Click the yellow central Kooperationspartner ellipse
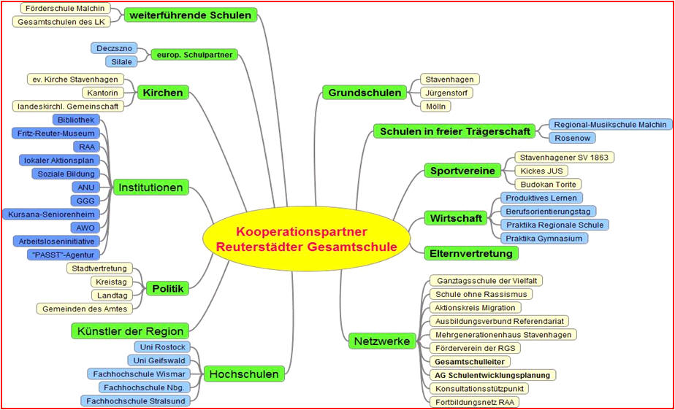point(306,239)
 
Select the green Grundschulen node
point(365,93)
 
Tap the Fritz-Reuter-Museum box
point(56,134)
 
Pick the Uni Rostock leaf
point(162,347)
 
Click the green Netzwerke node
point(382,341)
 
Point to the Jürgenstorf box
point(446,93)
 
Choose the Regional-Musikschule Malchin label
point(610,125)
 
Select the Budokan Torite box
point(548,185)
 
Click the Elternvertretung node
point(471,253)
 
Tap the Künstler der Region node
point(130,331)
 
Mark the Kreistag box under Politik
point(111,282)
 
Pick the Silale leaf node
point(121,61)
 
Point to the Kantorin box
point(102,93)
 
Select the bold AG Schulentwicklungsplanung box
point(492,375)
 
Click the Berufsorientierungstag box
point(548,212)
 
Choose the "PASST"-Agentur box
point(63,255)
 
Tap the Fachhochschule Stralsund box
point(136,401)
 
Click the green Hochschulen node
point(244,374)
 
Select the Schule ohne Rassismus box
point(481,295)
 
